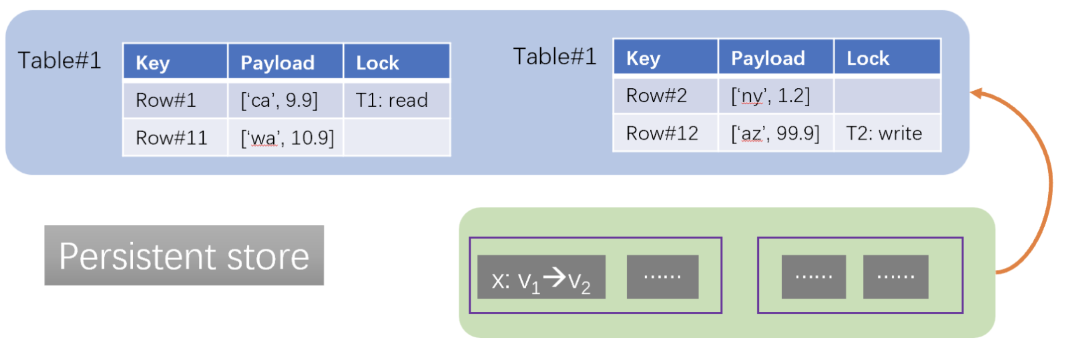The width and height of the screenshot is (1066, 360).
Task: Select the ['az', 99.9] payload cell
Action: (x=776, y=133)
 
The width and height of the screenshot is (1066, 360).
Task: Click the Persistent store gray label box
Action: (x=184, y=255)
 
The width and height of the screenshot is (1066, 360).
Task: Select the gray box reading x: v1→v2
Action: (x=541, y=277)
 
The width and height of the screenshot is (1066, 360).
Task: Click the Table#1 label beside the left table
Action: (x=59, y=61)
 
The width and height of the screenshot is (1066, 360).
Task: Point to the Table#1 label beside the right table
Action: (x=555, y=56)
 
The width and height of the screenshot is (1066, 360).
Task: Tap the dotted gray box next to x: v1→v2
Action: (x=662, y=277)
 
